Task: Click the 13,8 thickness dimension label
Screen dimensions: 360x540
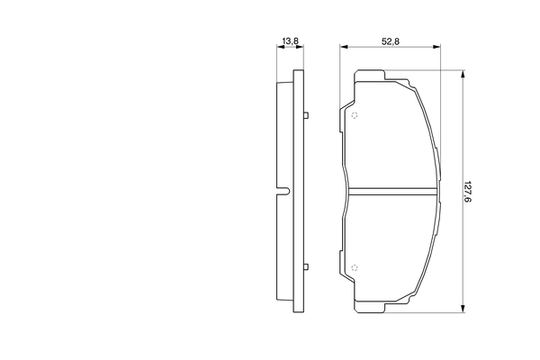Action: tap(290, 41)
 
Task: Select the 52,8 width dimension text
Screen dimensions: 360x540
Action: tap(391, 41)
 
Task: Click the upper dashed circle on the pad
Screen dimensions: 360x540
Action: tap(355, 114)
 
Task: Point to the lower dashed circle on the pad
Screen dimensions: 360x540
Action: tap(355, 267)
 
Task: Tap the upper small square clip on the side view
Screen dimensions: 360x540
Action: tap(307, 114)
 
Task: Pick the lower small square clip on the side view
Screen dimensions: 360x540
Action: tap(307, 267)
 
